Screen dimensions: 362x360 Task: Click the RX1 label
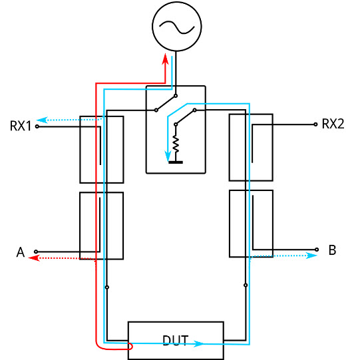21,126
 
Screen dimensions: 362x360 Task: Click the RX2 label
333,124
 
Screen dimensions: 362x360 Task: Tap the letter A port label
21,252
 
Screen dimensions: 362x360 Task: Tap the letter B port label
332,250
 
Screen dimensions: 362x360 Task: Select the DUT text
176,341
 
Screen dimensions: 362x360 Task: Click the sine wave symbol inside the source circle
177,27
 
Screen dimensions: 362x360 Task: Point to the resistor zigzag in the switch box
176,144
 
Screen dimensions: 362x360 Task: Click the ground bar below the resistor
176,162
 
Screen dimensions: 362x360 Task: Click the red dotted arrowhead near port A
34,258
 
